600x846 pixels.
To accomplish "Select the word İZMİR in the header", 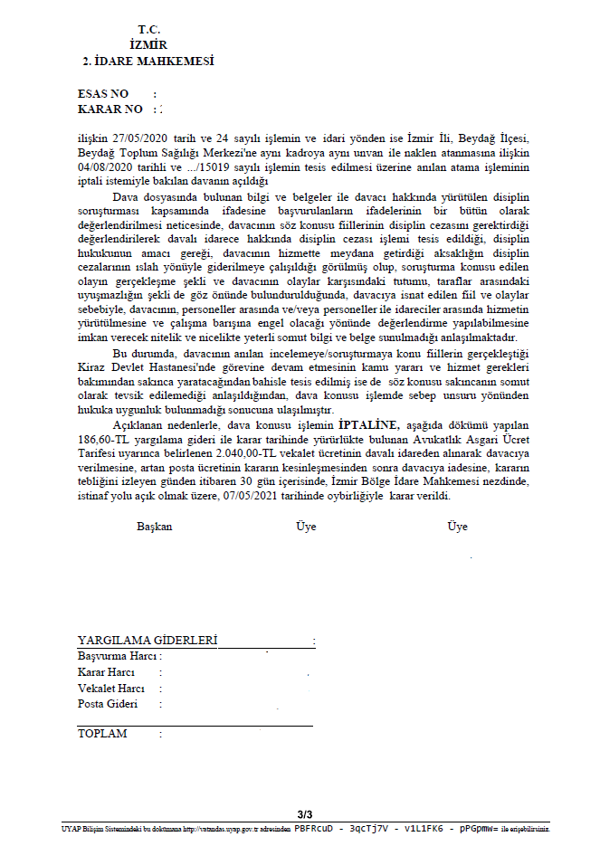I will pos(148,44).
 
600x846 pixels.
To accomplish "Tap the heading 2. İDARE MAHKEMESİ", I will pos(148,62).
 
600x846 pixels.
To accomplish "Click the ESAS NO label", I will pos(103,94).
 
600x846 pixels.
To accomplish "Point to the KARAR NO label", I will pos(110,109).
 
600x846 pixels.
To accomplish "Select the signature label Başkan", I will pos(154,527).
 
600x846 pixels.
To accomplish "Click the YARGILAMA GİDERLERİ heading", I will pos(148,641).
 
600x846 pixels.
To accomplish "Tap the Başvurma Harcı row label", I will pos(117,656).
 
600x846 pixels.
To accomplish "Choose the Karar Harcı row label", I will pos(106,672).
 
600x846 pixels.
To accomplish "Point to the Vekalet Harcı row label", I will pos(111,689).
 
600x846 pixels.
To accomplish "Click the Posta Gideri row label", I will pos(108,704).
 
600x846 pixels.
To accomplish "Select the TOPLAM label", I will pos(102,734).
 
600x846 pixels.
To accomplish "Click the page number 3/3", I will pos(304,814).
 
